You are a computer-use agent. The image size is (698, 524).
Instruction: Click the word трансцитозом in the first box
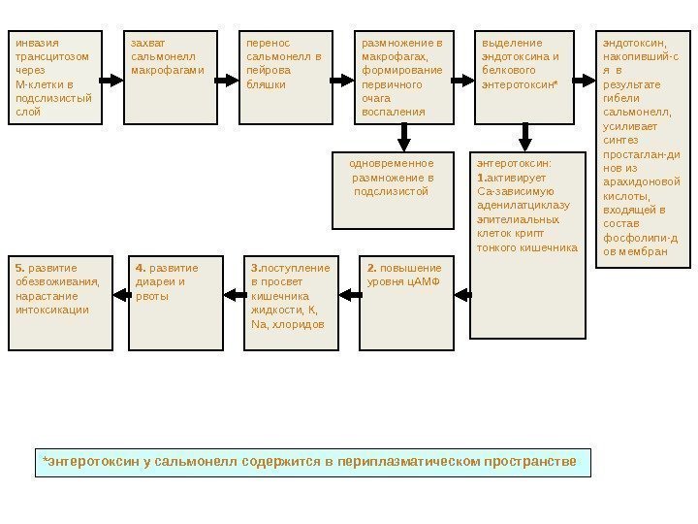[x=49, y=56]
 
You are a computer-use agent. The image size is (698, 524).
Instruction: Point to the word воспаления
[x=393, y=112]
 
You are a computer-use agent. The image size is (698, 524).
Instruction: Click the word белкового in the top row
[x=508, y=71]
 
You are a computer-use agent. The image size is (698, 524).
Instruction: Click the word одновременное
[x=392, y=164]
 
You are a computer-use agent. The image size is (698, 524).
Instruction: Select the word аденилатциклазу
[x=523, y=206]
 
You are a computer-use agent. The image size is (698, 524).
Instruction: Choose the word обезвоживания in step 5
[x=57, y=282]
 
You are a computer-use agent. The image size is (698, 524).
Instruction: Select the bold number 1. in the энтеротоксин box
[x=482, y=179]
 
